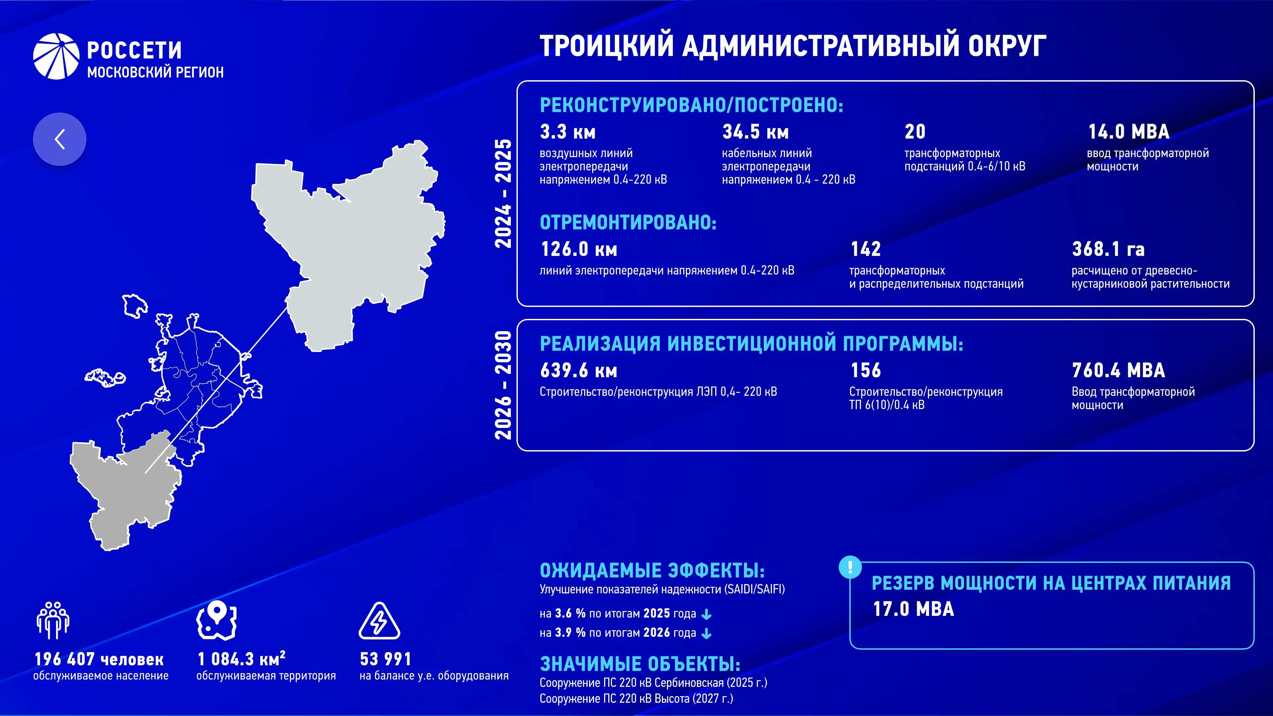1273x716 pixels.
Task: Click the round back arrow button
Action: click(x=59, y=139)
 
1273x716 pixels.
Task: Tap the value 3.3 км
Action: click(x=568, y=132)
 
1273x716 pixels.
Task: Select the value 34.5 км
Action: click(x=756, y=132)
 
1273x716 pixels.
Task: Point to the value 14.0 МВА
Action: click(x=1129, y=132)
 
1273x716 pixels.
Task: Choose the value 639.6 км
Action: click(x=579, y=370)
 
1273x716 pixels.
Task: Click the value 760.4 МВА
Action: click(x=1118, y=370)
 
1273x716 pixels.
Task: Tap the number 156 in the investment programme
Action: click(x=866, y=370)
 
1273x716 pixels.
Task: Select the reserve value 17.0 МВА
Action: click(x=913, y=609)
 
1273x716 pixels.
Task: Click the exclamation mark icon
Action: click(x=850, y=567)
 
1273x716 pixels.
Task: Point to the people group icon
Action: click(x=53, y=620)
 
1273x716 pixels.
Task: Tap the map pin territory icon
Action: click(x=216, y=620)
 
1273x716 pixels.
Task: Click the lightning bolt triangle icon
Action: click(x=379, y=621)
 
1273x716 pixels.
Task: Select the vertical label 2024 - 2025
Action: click(x=503, y=193)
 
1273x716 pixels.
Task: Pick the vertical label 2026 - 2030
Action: click(x=503, y=386)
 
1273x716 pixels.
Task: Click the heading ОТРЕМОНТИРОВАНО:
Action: click(x=628, y=223)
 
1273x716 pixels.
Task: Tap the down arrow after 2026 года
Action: click(x=707, y=633)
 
